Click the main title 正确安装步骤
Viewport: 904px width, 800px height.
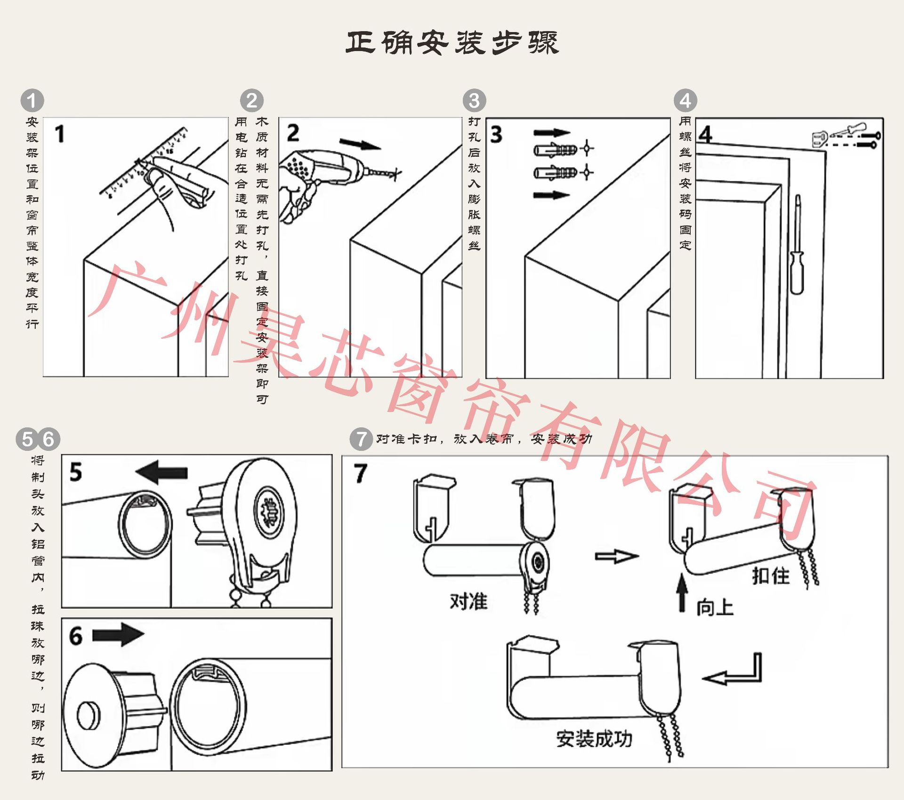click(452, 43)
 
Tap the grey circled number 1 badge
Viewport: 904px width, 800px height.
click(32, 101)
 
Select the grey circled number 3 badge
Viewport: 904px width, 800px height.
click(474, 101)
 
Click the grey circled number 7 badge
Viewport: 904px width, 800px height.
click(361, 439)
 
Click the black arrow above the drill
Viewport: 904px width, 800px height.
click(360, 144)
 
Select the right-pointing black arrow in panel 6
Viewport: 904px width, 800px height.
click(118, 635)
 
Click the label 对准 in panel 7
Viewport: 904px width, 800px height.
click(468, 601)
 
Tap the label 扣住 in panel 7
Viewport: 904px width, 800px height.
click(771, 576)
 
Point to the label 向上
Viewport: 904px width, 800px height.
click(715, 607)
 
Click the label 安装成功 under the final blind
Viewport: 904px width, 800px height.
click(594, 739)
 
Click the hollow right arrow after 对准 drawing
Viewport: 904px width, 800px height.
click(616, 557)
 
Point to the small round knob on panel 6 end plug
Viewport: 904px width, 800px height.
click(89, 716)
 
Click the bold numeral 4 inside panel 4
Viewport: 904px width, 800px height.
click(705, 135)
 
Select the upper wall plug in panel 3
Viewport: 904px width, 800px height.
click(556, 150)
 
